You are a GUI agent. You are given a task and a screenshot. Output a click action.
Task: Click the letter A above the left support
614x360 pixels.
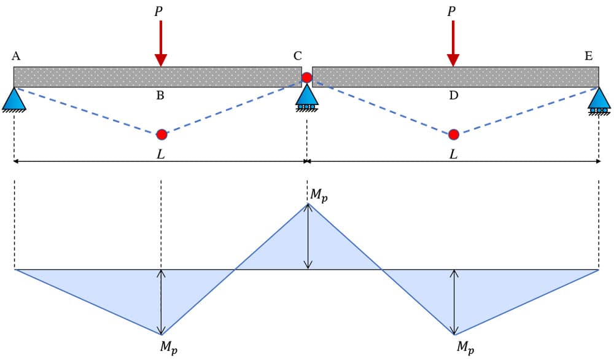(16, 57)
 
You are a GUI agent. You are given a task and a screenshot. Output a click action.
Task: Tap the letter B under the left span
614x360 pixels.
(160, 96)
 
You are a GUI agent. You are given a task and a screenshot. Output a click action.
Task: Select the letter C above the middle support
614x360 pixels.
(298, 57)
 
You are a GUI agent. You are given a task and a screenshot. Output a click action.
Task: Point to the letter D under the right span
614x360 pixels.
(454, 96)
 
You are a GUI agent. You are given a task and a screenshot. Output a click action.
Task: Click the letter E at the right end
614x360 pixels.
(589, 57)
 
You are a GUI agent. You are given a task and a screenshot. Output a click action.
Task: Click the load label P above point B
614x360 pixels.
(158, 11)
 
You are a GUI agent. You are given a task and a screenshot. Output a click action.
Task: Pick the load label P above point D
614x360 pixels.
(451, 11)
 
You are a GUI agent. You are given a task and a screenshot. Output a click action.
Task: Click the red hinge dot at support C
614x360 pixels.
(307, 77)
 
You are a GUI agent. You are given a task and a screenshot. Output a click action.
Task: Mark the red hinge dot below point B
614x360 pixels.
(161, 135)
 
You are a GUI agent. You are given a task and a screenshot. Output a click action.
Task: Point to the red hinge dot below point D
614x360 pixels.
(454, 135)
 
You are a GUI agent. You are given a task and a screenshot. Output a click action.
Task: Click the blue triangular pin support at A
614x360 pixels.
(14, 99)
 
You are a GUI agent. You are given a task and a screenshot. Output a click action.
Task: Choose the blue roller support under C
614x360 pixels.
(306, 98)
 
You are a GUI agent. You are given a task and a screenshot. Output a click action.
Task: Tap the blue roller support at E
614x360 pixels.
(599, 100)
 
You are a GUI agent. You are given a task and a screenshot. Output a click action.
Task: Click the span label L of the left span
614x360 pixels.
(160, 155)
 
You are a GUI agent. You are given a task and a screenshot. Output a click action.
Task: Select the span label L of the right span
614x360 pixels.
(453, 155)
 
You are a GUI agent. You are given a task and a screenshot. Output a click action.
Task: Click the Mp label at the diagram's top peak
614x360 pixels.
(319, 195)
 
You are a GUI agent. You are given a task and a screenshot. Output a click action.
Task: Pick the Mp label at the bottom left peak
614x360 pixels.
(169, 347)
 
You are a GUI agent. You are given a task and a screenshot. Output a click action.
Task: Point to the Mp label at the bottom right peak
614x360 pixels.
(465, 347)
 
